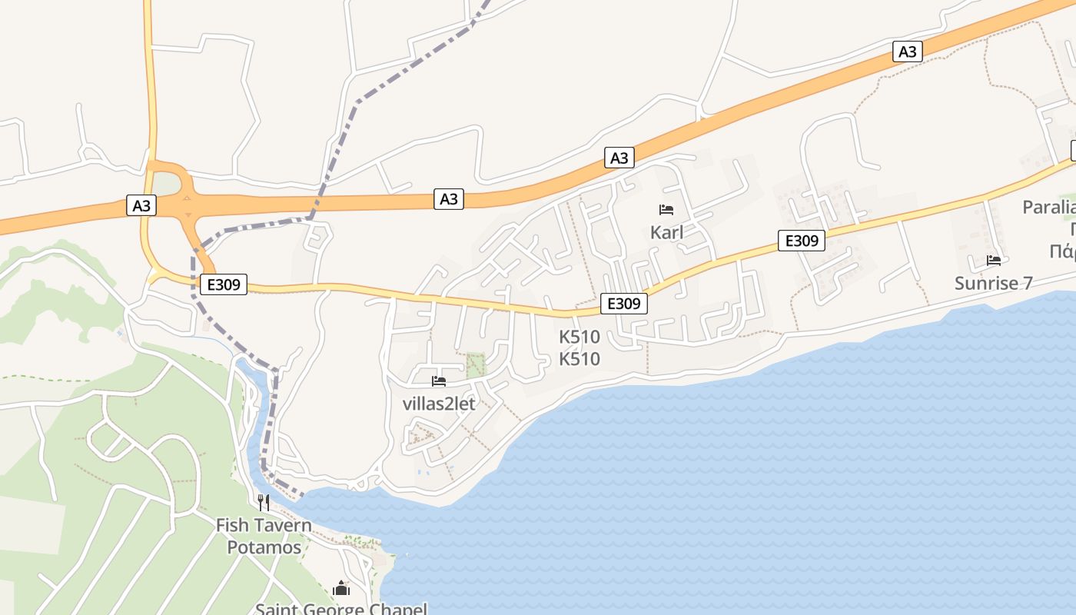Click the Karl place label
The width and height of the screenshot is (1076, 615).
click(666, 232)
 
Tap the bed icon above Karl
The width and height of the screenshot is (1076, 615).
click(666, 210)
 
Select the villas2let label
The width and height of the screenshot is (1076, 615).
click(439, 404)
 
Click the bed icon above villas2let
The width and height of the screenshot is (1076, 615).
click(439, 381)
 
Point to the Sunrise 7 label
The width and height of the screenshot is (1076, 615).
click(994, 283)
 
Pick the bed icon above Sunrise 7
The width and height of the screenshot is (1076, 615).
click(994, 261)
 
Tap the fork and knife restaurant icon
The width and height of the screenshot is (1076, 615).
click(264, 503)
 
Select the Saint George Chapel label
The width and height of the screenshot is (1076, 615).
click(340, 609)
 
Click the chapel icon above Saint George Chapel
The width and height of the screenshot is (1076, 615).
click(340, 589)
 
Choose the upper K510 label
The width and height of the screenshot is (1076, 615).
click(580, 337)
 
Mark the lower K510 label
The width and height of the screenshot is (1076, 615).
click(580, 359)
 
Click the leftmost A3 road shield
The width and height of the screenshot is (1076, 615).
click(141, 206)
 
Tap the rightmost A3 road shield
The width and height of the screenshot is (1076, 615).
click(908, 52)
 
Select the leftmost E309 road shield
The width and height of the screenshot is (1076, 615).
click(224, 284)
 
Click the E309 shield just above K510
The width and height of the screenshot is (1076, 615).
click(623, 304)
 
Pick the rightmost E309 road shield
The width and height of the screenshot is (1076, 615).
click(802, 241)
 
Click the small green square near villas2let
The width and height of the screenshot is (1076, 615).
click(477, 364)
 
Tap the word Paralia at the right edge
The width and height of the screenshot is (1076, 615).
click(1050, 207)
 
